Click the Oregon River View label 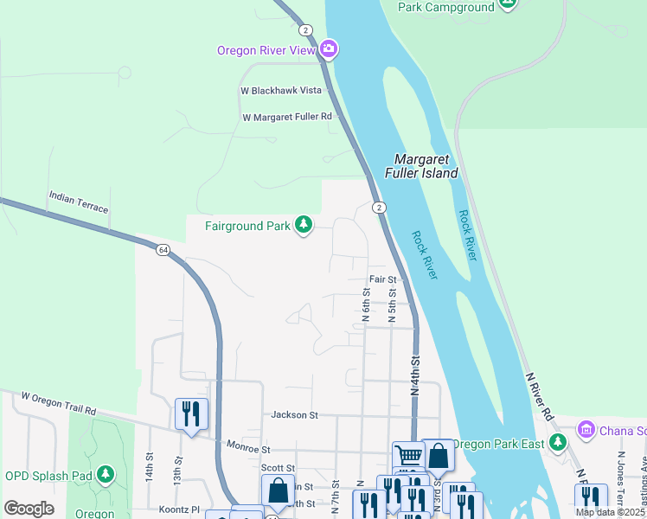266,49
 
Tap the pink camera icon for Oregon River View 328,48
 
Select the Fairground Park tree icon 303,226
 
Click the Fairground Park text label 247,227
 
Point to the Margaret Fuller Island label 426,166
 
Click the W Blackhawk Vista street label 280,90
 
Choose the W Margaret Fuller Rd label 287,117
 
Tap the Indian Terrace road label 79,203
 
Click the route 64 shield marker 163,250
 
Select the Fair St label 382,279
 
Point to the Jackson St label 294,415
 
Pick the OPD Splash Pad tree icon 106,474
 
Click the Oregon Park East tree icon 559,444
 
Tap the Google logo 29,508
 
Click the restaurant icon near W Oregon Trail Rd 191,413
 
